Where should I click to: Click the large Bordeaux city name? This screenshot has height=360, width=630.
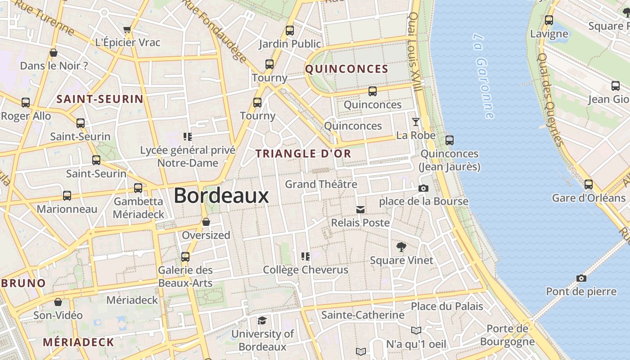(x=221, y=196)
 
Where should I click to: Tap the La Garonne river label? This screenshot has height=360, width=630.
(x=484, y=75)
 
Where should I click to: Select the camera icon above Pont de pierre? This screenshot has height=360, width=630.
(x=581, y=278)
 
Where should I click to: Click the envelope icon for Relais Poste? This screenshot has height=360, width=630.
(x=360, y=209)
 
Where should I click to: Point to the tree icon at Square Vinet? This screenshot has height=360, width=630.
(x=401, y=247)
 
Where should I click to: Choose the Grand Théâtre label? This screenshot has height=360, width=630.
(x=321, y=184)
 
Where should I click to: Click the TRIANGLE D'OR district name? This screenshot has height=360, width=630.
(x=303, y=153)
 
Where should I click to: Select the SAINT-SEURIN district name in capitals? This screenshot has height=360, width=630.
(x=99, y=99)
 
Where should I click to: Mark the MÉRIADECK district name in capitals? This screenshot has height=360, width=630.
(x=79, y=342)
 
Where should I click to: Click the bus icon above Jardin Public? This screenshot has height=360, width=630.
(x=290, y=31)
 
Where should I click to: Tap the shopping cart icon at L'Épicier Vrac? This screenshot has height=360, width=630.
(x=127, y=30)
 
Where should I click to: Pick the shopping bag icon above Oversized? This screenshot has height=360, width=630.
(x=206, y=222)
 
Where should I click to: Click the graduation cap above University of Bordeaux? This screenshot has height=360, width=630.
(x=262, y=320)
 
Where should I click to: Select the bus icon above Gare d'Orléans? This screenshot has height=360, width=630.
(x=589, y=184)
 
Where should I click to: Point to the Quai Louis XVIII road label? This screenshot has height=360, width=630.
(x=415, y=52)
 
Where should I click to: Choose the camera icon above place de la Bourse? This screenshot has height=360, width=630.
(x=423, y=188)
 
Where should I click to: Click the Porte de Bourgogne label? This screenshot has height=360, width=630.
(x=507, y=335)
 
